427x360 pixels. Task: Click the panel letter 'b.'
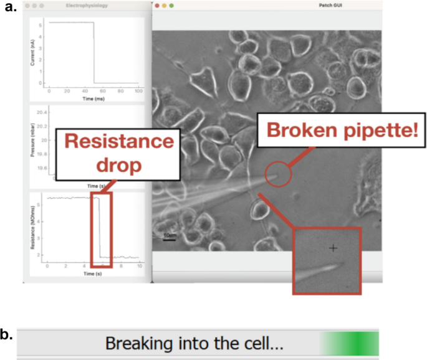(x=7, y=334)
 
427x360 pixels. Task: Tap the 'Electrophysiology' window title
(x=85, y=6)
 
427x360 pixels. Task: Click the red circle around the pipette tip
(x=277, y=175)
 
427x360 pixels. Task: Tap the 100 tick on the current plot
(x=138, y=92)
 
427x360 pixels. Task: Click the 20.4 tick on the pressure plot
(x=42, y=113)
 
